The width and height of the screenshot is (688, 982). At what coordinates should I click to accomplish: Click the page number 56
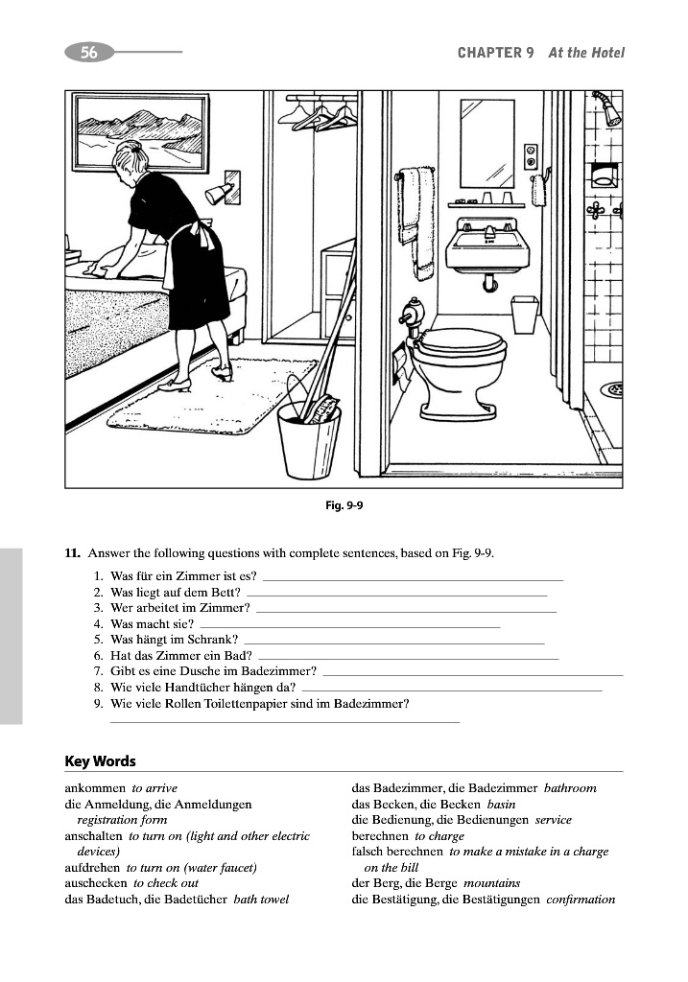point(88,53)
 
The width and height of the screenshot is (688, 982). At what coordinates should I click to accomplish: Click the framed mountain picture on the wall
point(142,131)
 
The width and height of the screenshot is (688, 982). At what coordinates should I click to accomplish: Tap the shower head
point(607,106)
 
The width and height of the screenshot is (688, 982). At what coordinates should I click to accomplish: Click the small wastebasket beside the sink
point(524,314)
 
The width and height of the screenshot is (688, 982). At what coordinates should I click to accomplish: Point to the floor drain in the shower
point(611,388)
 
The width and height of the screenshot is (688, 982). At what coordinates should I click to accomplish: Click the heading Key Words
point(100,761)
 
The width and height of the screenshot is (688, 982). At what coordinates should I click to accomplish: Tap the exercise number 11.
point(70,554)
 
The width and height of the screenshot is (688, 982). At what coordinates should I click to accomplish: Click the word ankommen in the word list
point(94,788)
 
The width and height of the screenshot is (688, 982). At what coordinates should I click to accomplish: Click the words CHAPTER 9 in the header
point(495,53)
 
